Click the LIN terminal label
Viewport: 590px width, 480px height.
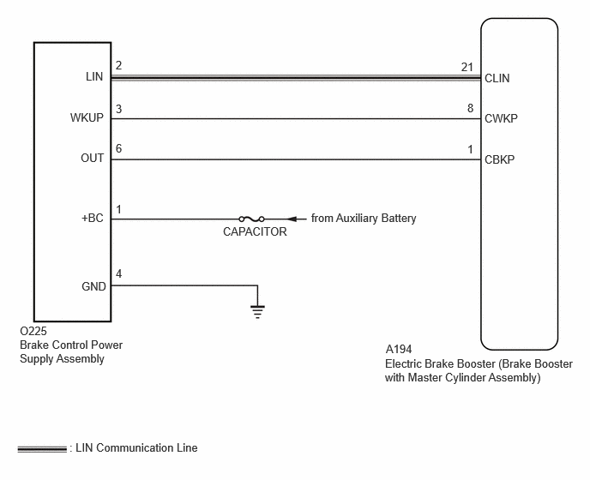94,77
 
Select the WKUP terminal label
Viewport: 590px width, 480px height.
87,117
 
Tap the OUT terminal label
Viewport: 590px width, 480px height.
93,158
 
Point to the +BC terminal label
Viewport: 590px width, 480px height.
93,219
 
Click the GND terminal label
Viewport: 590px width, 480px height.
93,286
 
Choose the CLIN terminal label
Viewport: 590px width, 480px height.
497,78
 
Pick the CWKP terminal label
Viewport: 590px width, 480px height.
501,118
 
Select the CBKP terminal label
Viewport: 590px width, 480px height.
499,159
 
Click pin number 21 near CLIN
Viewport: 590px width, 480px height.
467,67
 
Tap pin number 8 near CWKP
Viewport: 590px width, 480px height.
470,108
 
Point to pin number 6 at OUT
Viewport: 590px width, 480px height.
118,148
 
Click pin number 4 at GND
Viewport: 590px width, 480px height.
118,273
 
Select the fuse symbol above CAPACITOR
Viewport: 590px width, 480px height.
252,219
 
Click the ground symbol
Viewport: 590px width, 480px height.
258,312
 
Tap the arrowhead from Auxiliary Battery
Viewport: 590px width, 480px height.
292,219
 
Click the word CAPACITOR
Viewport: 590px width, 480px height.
255,231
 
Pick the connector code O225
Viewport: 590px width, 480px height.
33,331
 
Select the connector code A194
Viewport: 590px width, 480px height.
399,349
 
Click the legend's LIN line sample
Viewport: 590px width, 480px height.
42,449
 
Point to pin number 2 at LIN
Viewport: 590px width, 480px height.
118,65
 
